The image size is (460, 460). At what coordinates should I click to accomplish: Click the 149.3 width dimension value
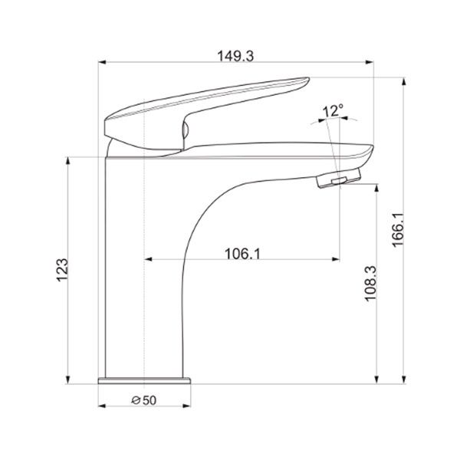235,56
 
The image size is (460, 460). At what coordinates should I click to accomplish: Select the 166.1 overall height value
398,230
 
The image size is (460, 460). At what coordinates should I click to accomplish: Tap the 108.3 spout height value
370,284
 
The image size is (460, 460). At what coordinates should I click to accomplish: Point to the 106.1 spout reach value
242,254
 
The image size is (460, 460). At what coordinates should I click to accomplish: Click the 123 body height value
62,270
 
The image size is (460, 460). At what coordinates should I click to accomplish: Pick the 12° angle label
333,110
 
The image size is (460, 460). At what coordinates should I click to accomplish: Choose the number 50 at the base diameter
149,400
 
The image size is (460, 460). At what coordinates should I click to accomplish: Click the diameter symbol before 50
136,400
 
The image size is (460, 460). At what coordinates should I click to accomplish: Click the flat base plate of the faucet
144,380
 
